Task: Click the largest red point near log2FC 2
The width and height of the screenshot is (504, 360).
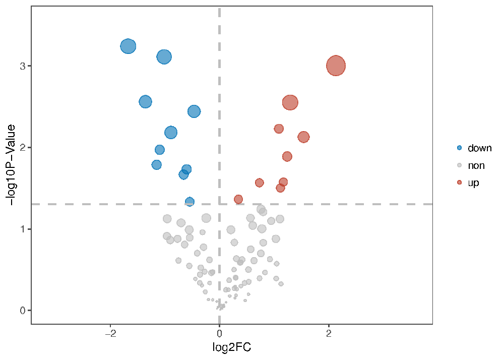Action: (x=336, y=66)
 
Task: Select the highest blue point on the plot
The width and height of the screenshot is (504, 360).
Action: (x=128, y=46)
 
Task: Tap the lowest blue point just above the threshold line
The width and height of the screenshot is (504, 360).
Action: (x=190, y=202)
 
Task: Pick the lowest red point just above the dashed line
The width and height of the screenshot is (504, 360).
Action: (x=238, y=199)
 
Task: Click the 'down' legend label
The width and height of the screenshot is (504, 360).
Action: (x=479, y=148)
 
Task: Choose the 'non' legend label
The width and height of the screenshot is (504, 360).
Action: (x=476, y=165)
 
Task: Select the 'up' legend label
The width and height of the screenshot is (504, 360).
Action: (x=473, y=183)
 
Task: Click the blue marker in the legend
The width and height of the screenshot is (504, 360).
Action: (x=459, y=148)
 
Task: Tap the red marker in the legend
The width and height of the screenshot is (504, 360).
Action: (x=459, y=183)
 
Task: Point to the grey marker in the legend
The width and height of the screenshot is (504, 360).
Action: (x=459, y=165)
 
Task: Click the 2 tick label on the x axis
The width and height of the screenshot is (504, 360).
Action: (x=329, y=334)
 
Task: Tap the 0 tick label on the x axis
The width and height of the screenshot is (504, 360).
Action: (x=219, y=334)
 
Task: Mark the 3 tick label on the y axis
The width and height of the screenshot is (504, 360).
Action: (x=22, y=66)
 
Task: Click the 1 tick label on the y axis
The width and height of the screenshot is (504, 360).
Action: (x=22, y=229)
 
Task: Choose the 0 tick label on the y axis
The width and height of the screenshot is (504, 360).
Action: (x=22, y=311)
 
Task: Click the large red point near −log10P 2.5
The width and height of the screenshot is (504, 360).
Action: (x=290, y=102)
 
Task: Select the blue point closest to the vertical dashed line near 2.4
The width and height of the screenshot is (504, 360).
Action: (x=194, y=111)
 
